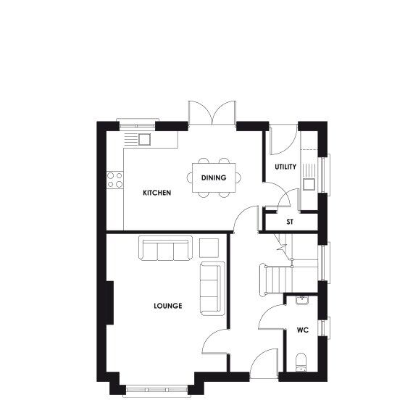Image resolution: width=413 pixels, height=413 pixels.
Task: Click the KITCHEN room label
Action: (157, 193)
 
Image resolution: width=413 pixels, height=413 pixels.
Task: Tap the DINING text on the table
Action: (214, 178)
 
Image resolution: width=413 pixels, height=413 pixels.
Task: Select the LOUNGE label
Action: (167, 306)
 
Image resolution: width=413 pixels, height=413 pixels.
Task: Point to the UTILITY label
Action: (285, 167)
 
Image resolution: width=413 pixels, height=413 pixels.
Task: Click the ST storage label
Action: (290, 222)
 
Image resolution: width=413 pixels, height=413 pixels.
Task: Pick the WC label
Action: (303, 330)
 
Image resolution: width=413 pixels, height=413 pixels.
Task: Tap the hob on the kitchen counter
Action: (114, 179)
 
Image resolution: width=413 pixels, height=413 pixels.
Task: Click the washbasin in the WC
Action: (304, 301)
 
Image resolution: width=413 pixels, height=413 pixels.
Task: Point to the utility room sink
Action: (309, 182)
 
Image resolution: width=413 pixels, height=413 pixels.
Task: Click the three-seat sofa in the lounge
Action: (165, 249)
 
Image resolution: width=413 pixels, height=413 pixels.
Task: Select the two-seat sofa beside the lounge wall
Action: (212, 288)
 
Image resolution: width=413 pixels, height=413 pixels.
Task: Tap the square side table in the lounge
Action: (209, 247)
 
